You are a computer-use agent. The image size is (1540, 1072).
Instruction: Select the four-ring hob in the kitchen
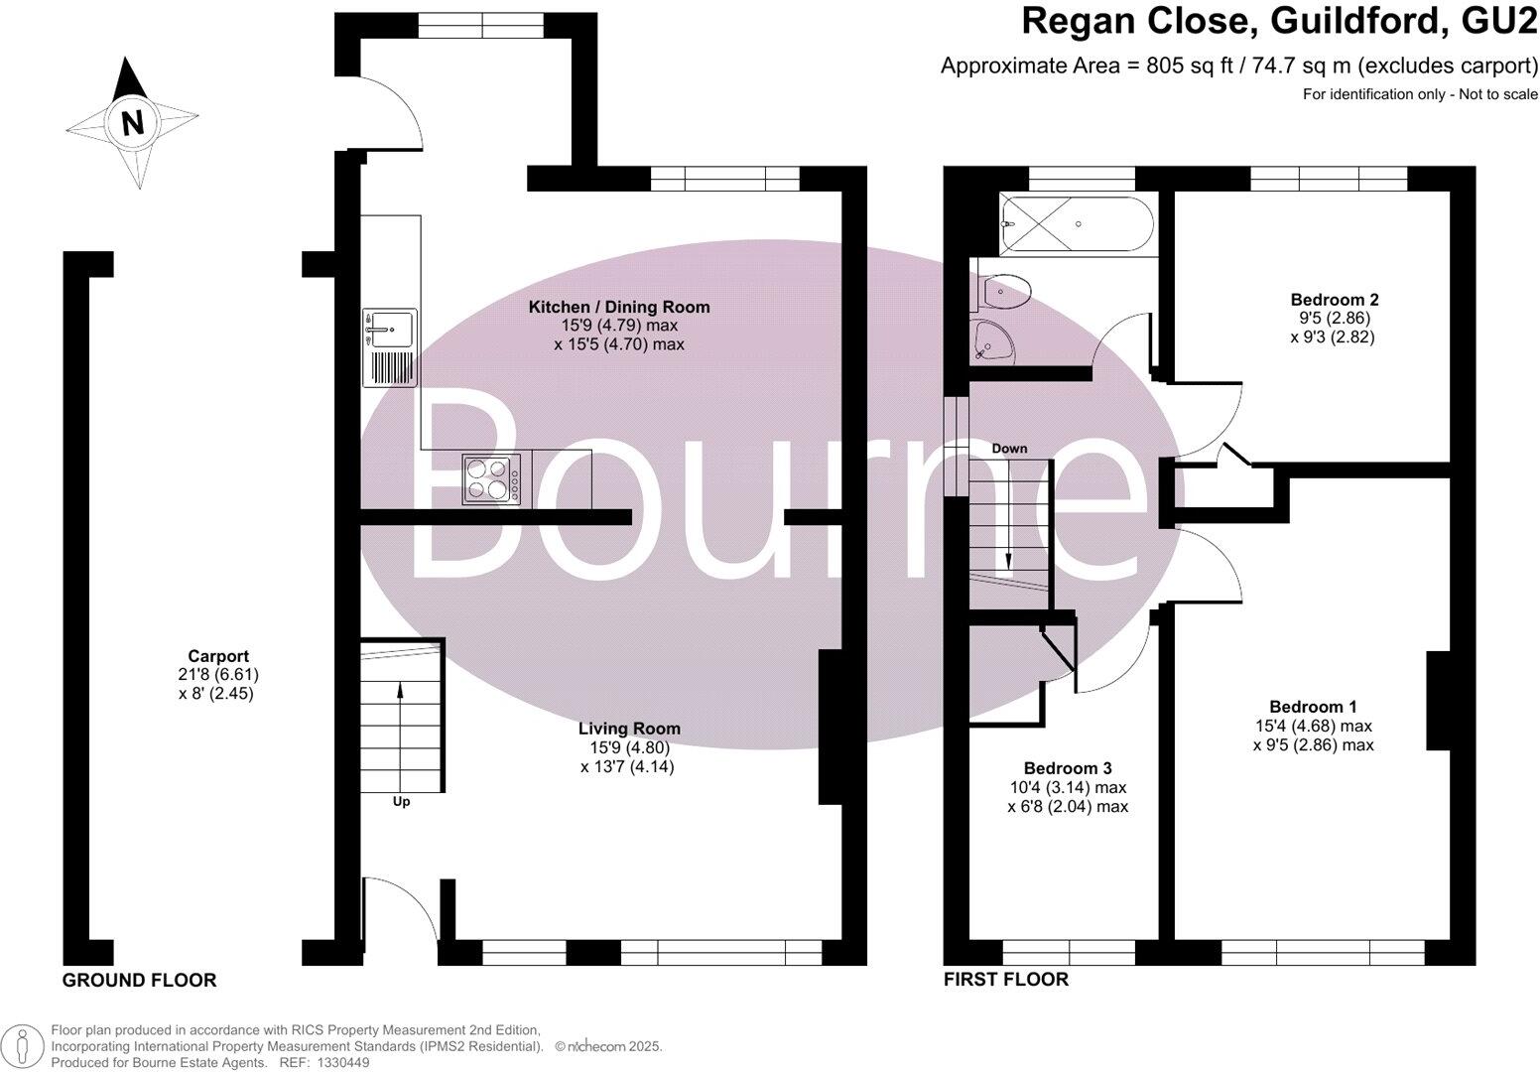pos(491,479)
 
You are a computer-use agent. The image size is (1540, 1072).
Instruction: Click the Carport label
pos(218,656)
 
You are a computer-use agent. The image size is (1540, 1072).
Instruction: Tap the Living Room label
pos(630,729)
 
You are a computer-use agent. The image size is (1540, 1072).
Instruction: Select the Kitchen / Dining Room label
pos(619,307)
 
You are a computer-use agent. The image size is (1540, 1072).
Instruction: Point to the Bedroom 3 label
pos(1067,768)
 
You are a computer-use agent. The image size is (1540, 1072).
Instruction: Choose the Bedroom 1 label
pos(1313,707)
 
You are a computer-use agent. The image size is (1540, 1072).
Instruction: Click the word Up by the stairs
pos(401,801)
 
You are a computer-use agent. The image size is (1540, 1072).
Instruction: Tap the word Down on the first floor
pos(1009,449)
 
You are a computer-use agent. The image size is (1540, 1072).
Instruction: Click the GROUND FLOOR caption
pos(139,981)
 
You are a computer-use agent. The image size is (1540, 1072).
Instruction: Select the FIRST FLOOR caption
pos(1005,981)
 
